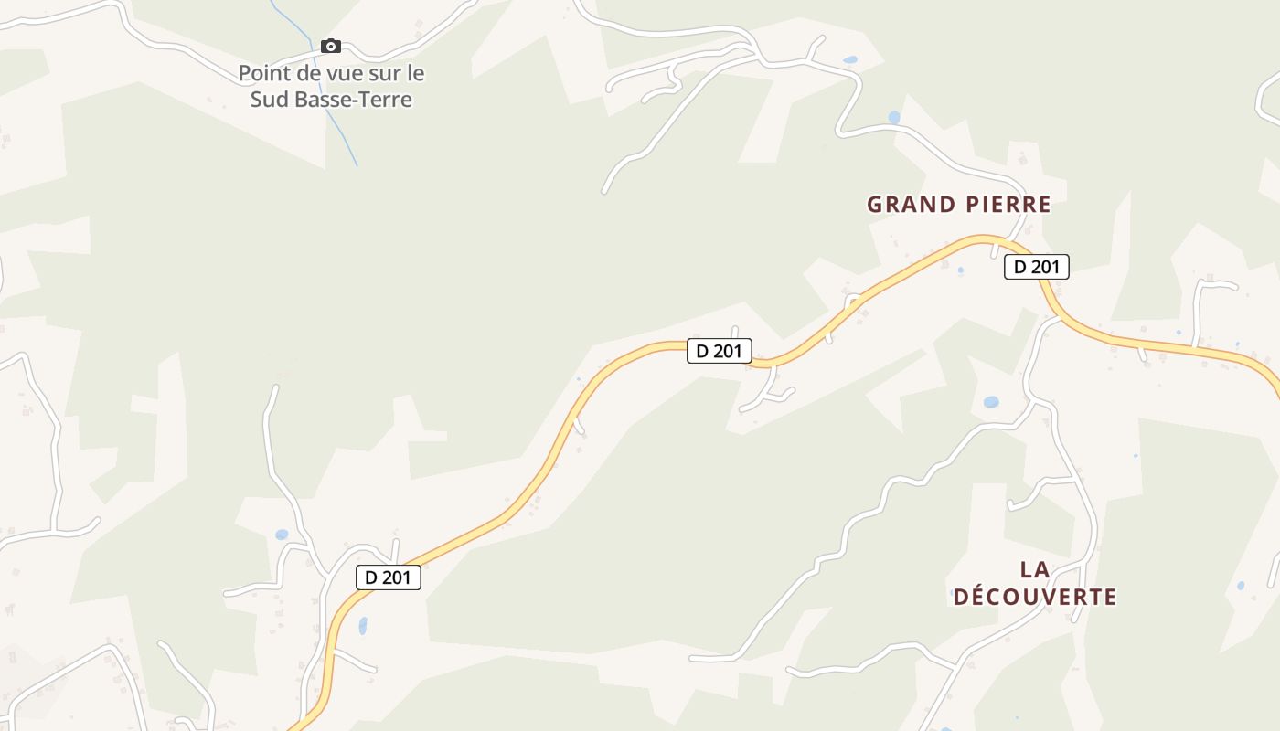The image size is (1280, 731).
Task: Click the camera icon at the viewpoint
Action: pyautogui.click(x=331, y=47)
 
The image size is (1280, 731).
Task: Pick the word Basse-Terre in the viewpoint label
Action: pyautogui.click(x=354, y=99)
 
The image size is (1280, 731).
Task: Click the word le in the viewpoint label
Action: pyautogui.click(x=416, y=73)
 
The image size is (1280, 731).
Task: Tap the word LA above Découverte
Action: pyautogui.click(x=1035, y=570)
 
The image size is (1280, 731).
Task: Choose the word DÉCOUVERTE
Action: pyautogui.click(x=1035, y=598)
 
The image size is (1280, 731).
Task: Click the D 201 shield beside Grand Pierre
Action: pyautogui.click(x=1036, y=267)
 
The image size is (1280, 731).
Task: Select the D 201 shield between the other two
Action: pyautogui.click(x=720, y=351)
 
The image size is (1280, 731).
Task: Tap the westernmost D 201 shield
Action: pyautogui.click(x=388, y=577)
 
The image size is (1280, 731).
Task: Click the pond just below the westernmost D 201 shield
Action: pyautogui.click(x=363, y=626)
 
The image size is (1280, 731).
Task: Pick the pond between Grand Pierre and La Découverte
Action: pyautogui.click(x=991, y=402)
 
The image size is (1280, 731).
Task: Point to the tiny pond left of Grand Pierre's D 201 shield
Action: pyautogui.click(x=960, y=270)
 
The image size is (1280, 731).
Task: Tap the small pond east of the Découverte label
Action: pyautogui.click(x=1241, y=586)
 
